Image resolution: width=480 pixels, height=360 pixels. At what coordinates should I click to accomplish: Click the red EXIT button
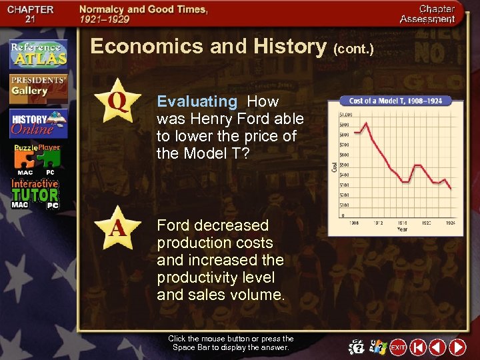(x=398, y=347)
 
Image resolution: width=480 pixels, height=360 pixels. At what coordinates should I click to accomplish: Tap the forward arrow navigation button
(x=457, y=347)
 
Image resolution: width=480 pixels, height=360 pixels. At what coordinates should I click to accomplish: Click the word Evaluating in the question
(x=197, y=101)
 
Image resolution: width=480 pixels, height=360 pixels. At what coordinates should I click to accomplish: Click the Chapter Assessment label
(x=427, y=14)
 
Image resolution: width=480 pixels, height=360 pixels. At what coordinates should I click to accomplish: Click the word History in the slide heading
(x=289, y=46)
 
